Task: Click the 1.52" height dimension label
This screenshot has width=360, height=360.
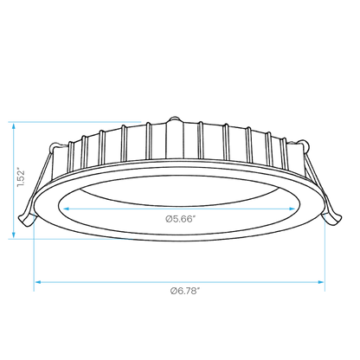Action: coord(21,177)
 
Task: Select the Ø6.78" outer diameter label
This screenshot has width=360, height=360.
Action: coord(185,291)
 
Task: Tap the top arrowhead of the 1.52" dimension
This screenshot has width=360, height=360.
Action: coord(13,125)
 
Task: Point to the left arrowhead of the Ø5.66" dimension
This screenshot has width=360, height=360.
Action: coord(66,209)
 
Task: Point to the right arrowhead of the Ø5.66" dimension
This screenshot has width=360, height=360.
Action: coord(292,209)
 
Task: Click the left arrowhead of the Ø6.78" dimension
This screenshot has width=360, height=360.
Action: coord(38,282)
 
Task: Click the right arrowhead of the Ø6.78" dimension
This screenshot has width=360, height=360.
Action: coord(320,282)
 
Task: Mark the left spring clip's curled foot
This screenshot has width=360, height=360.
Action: coord(27,221)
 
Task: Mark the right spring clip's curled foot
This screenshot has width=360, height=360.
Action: coord(332,218)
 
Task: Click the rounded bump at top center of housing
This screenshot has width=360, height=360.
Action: coord(174,119)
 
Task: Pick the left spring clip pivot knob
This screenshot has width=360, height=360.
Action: coord(55,147)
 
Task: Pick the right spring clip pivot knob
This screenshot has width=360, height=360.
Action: coord(305,145)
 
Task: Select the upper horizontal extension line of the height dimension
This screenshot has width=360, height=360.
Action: coord(74,122)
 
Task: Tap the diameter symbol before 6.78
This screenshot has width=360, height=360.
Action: coord(173,291)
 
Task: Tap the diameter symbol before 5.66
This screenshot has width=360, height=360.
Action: coord(169,219)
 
